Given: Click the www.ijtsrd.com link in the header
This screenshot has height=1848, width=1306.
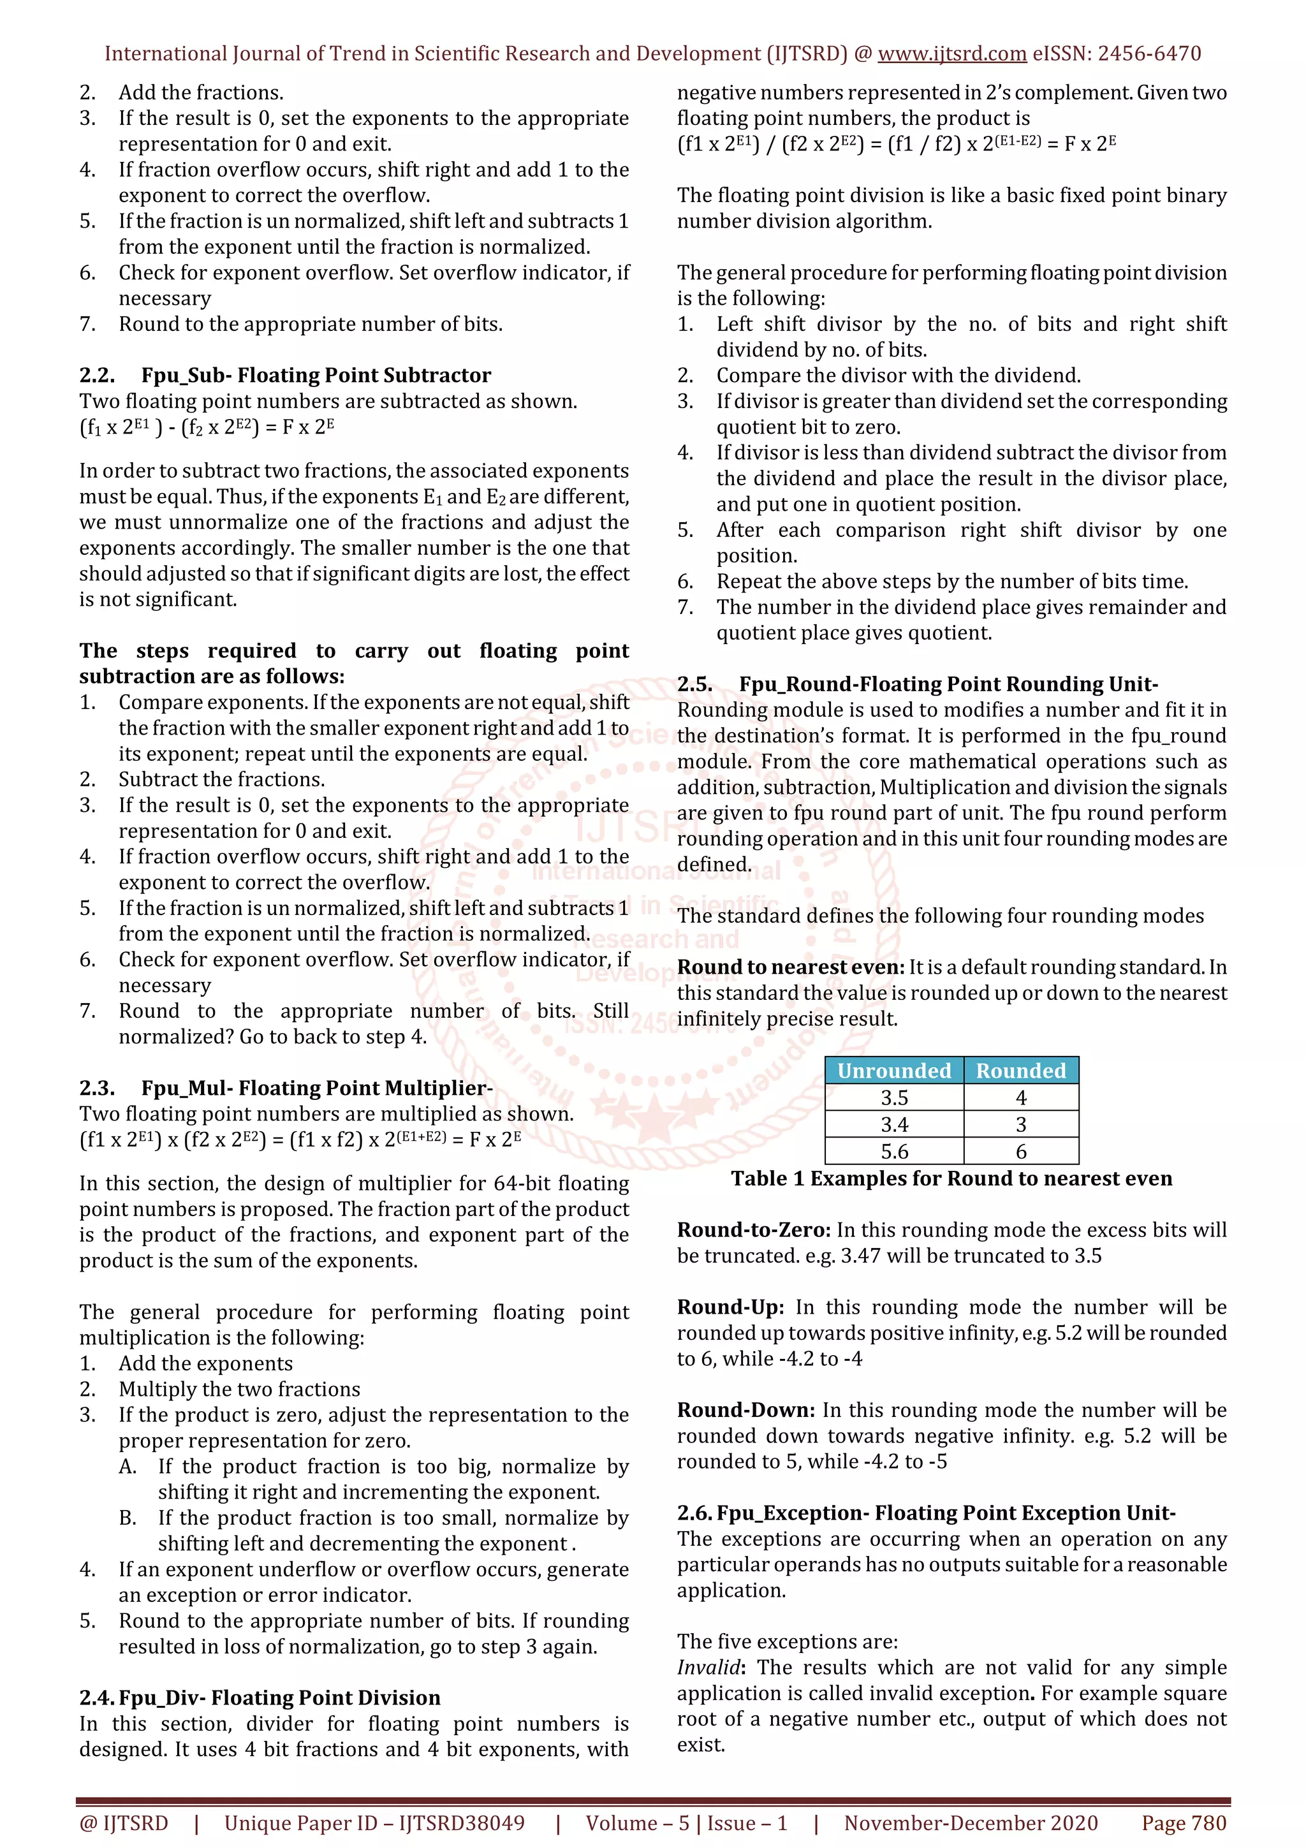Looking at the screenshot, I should [x=951, y=54].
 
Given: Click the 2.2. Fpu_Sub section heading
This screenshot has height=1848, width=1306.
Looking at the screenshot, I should [x=285, y=375].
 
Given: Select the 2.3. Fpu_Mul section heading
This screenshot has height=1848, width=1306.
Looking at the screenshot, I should [x=286, y=1087].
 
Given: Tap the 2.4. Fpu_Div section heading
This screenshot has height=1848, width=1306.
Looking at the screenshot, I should [x=260, y=1698].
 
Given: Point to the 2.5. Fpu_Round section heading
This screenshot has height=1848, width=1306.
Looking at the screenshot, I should [x=918, y=684].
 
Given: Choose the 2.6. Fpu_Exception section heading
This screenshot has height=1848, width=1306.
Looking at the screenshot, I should [x=926, y=1513].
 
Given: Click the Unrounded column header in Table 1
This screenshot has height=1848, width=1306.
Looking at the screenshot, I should [x=894, y=1071].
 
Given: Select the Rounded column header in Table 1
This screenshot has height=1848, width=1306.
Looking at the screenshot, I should [x=1020, y=1071].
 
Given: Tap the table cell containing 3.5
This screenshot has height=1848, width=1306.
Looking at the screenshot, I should [x=894, y=1097].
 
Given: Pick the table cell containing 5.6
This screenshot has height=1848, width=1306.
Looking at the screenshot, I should [x=894, y=1151].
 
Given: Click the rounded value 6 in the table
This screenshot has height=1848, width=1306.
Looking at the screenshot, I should [x=1021, y=1151].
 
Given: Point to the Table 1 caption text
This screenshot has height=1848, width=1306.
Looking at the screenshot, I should [x=951, y=1178].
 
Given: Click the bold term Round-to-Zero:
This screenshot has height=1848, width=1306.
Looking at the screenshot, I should [x=753, y=1230].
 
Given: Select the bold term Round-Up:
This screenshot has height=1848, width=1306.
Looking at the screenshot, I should [x=730, y=1307].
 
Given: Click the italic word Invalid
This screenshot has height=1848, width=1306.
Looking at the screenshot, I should [x=708, y=1667].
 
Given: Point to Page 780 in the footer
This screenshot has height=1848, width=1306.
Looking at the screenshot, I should [x=1184, y=1823].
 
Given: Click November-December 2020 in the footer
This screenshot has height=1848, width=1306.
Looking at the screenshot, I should [x=971, y=1823].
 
